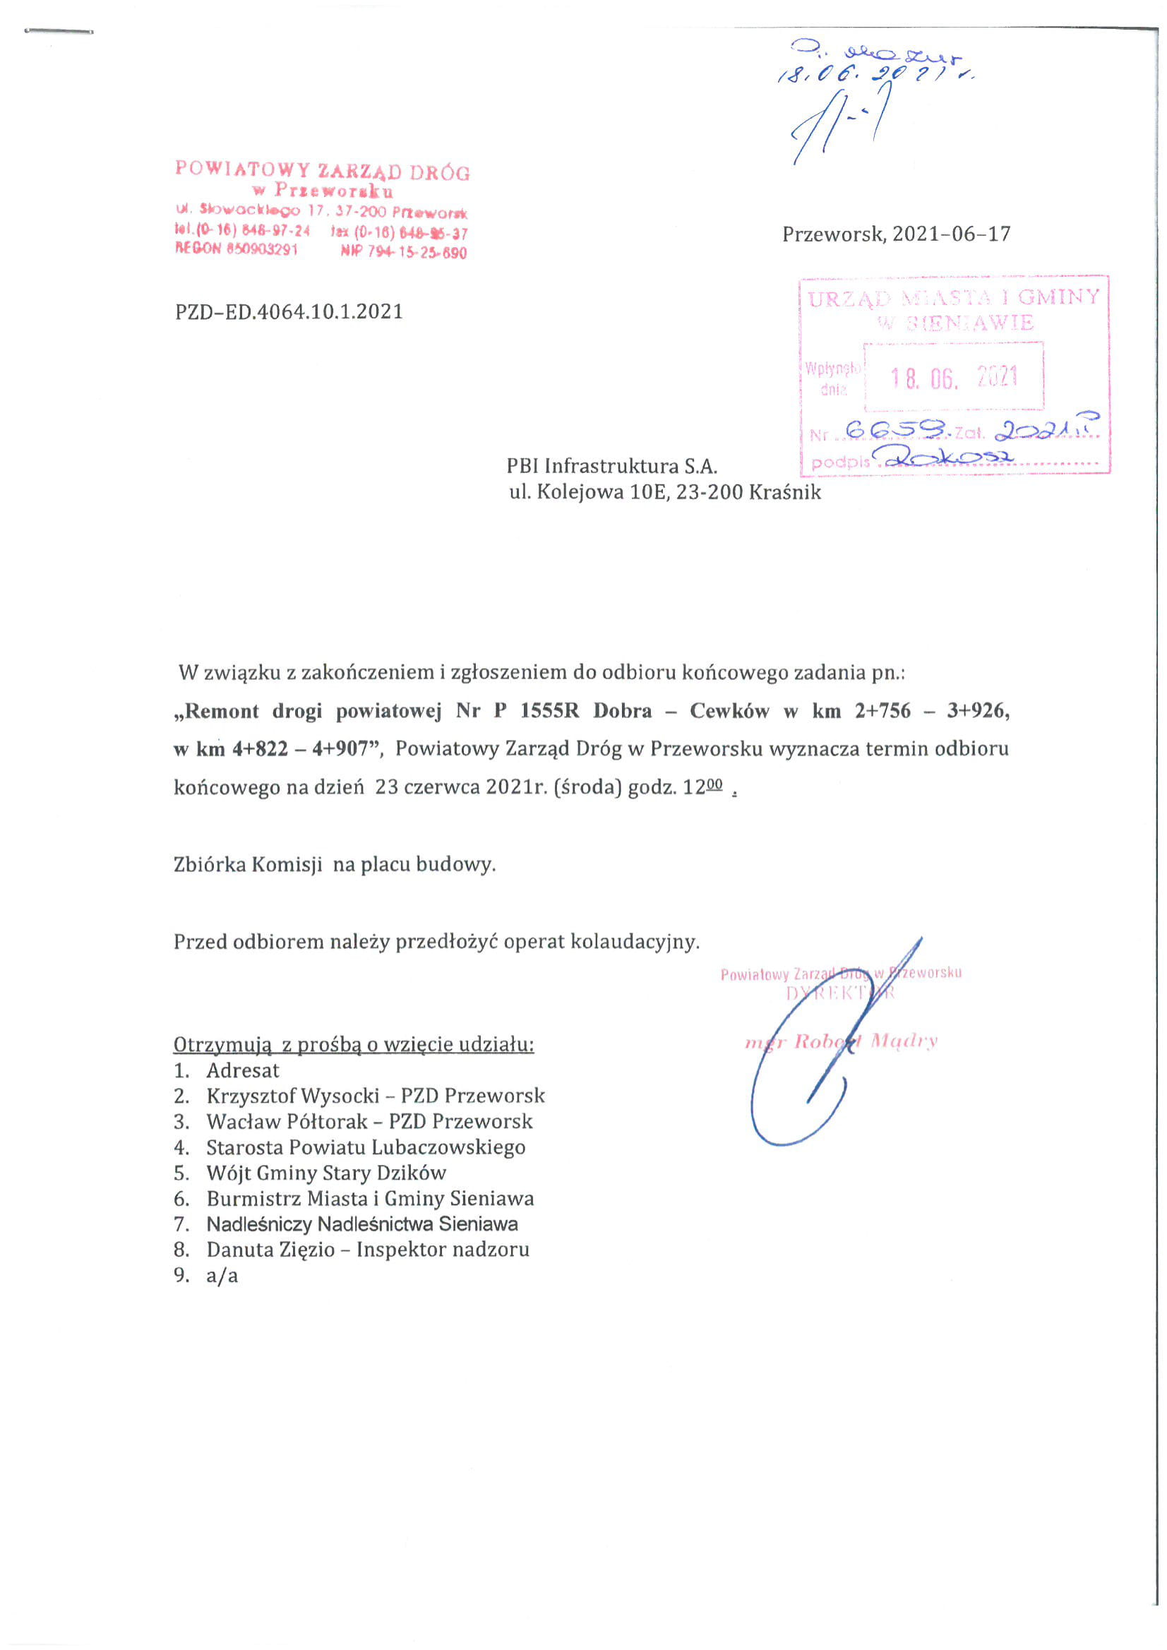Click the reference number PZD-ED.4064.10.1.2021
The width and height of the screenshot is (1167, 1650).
289,312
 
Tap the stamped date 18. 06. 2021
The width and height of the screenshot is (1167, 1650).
954,376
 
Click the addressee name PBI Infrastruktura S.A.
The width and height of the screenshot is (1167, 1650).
611,467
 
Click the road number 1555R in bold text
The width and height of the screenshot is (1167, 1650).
549,711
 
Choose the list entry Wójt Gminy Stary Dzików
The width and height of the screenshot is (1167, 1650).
326,1172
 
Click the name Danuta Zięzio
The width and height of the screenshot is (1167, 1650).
270,1249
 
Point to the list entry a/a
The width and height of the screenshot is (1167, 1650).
222,1276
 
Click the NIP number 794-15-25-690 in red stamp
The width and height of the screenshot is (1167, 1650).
417,253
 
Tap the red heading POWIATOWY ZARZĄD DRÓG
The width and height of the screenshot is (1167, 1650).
323,171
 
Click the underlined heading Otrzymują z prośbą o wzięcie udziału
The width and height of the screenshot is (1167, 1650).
354,1044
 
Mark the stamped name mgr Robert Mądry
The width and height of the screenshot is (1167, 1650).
841,1041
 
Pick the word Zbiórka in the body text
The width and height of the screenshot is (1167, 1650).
209,863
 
